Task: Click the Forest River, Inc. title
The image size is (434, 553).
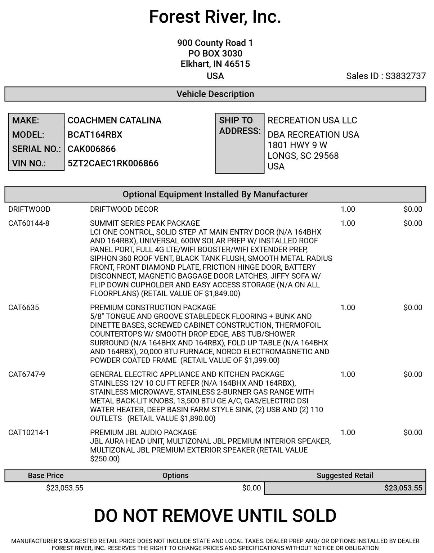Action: coord(215,17)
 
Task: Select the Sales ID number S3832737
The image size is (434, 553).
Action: coord(406,76)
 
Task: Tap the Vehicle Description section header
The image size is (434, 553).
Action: coord(215,94)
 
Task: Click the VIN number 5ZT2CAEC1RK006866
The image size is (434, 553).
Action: coord(113,163)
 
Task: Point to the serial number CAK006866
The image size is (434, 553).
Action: coord(91,149)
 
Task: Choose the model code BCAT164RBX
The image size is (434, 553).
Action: coord(95,135)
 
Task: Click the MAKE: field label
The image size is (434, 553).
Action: coord(26,120)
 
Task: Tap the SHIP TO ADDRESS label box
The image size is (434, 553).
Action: coord(240,143)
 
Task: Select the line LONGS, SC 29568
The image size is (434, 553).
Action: coord(303,156)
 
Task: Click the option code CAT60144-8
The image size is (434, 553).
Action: coord(29,223)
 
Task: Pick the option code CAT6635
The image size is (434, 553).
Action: coord(24,307)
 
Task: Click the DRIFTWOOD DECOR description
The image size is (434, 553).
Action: coord(124,209)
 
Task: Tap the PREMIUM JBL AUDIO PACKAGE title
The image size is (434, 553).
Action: coord(143,432)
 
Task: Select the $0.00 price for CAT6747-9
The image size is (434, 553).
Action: coord(413,374)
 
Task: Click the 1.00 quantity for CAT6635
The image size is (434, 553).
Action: coord(348,307)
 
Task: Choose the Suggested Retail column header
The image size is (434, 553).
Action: coord(345,476)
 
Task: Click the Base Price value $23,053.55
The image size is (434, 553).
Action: coord(65,488)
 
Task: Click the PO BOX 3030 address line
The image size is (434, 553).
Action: coord(215,54)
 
